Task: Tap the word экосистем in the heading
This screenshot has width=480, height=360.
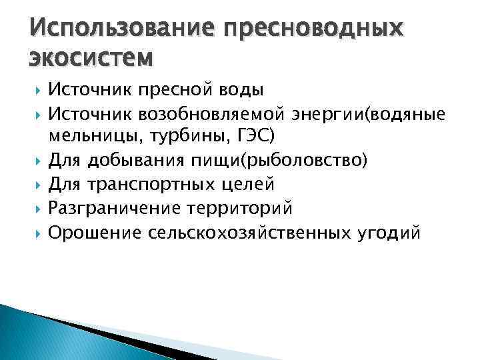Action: tap(91, 58)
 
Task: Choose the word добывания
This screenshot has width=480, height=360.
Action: tap(141, 161)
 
